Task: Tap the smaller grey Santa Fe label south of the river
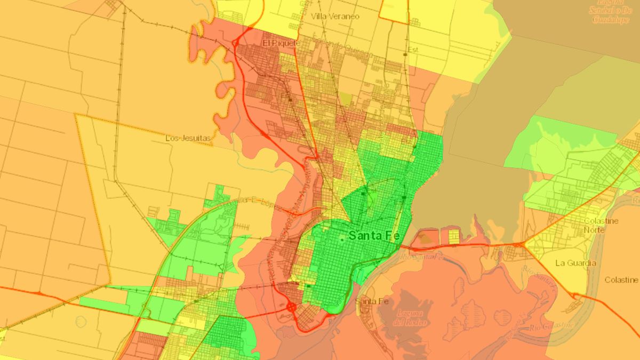point(371,301)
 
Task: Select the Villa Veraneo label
point(335,17)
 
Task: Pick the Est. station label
point(411,50)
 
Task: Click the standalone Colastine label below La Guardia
point(621,279)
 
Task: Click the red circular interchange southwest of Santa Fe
point(291,307)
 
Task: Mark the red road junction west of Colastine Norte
point(523,244)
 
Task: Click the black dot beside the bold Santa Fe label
point(342,240)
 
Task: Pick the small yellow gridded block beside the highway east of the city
point(453,236)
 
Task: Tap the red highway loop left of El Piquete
point(235,43)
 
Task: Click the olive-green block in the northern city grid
point(346,99)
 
